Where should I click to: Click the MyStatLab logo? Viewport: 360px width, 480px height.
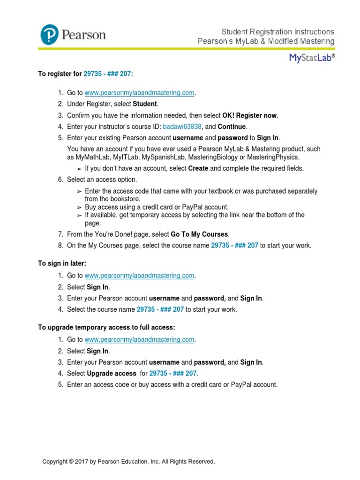pos(311,58)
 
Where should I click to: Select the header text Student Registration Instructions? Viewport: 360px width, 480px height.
pos(277,31)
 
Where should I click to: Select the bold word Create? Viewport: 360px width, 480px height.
pos(198,168)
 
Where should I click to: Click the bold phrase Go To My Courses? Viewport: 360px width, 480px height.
pos(200,234)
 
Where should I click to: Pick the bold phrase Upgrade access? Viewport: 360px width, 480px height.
pos(110,373)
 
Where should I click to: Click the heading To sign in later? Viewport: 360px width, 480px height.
pos(62,264)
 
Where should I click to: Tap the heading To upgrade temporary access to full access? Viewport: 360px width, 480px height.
pos(106,328)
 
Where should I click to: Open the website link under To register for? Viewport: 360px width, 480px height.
pos(139,93)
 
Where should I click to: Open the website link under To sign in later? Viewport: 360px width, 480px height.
pos(139,276)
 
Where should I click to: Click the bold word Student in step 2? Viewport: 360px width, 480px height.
pos(145,104)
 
